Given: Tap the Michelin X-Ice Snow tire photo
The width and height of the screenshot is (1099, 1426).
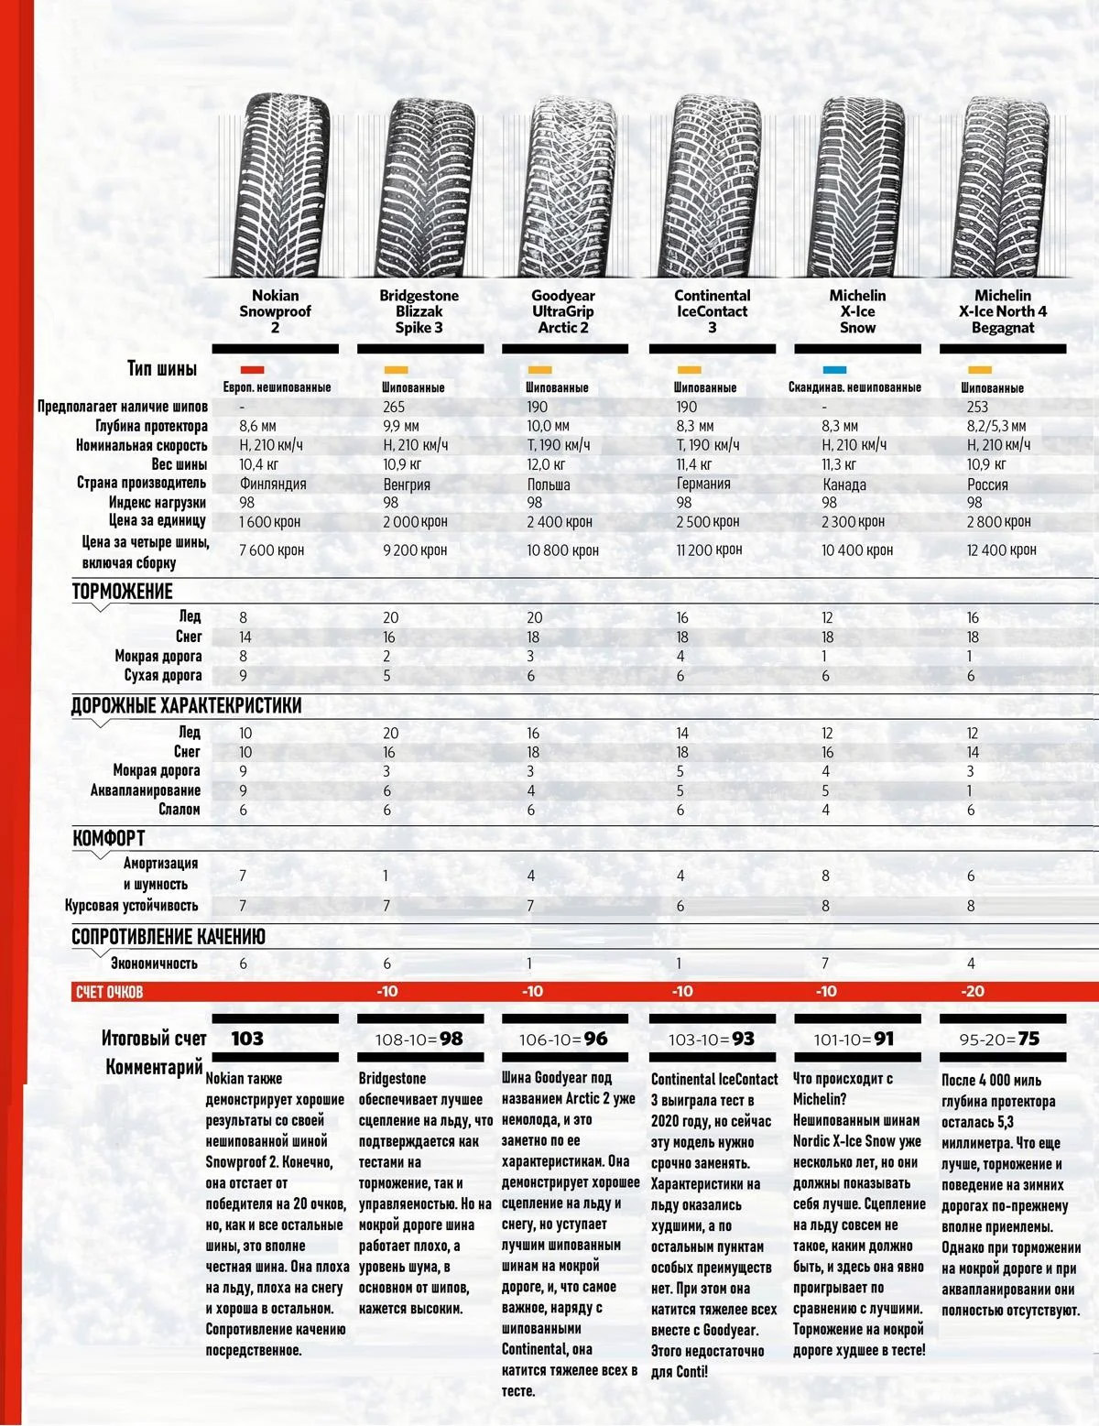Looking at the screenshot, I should pyautogui.click(x=857, y=186).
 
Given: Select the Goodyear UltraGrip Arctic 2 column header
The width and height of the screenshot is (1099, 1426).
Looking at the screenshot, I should pyautogui.click(x=563, y=311).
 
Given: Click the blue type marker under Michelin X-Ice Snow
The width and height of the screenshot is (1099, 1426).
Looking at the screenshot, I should pyautogui.click(x=834, y=370).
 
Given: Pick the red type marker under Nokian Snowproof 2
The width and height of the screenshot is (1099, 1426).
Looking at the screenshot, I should pyautogui.click(x=252, y=370).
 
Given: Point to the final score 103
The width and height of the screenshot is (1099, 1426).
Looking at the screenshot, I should pyautogui.click(x=247, y=1039).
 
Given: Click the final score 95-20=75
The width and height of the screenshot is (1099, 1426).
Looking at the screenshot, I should pyautogui.click(x=1000, y=1039).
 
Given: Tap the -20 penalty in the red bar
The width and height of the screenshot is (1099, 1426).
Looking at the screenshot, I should pyautogui.click(x=972, y=991).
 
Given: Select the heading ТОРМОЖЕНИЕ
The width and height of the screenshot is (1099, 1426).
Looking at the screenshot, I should pyautogui.click(x=123, y=592).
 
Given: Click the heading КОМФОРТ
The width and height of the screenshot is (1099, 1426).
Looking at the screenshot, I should pyautogui.click(x=109, y=838).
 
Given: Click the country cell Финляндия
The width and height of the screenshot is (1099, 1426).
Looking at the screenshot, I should pyautogui.click(x=273, y=484).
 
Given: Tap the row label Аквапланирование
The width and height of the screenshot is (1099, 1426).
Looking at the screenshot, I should pyautogui.click(x=145, y=789).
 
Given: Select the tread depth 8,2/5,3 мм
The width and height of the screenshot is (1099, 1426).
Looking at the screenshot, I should pyautogui.click(x=996, y=426).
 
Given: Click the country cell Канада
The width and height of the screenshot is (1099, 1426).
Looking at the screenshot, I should pyautogui.click(x=844, y=484).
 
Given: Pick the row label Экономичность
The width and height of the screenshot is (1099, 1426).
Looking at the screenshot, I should pyautogui.click(x=154, y=963).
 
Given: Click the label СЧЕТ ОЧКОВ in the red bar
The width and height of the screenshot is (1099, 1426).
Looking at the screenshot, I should pyautogui.click(x=108, y=992).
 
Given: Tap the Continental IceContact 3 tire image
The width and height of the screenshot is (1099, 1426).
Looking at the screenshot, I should pyautogui.click(x=712, y=186).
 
